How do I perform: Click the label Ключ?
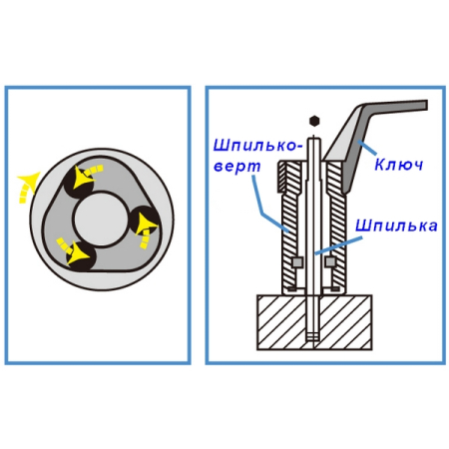398,164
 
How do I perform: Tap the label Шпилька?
396,225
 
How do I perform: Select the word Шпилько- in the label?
258,146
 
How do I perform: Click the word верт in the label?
236,166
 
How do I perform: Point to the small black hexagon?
313,121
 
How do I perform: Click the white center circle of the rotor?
100,219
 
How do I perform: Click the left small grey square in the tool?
297,262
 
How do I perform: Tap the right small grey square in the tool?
329,262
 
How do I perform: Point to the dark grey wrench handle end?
421,105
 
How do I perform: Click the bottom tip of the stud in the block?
313,339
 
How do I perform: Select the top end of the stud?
313,139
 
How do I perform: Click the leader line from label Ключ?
367,149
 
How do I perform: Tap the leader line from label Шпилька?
338,245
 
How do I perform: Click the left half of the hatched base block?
282,322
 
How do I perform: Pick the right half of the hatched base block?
345,322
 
